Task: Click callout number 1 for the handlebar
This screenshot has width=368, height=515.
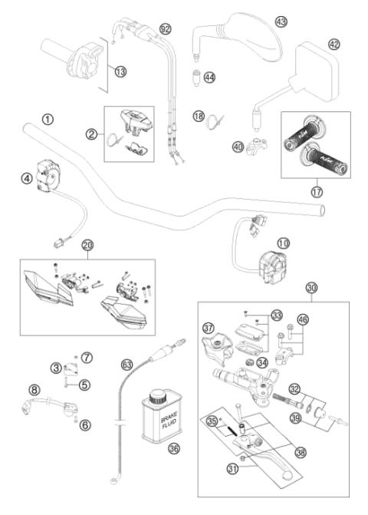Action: pyautogui.click(x=48, y=120)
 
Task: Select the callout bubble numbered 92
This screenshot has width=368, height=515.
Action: pyautogui.click(x=165, y=29)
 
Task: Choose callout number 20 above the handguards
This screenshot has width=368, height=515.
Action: pyautogui.click(x=87, y=245)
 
